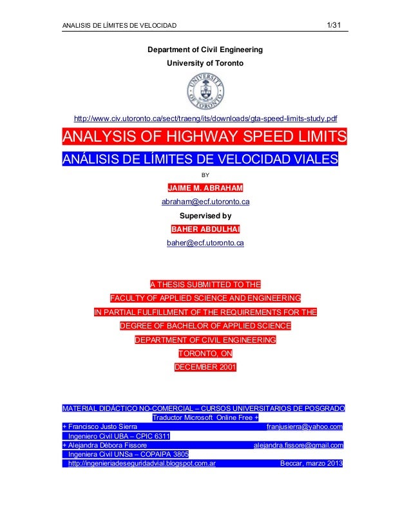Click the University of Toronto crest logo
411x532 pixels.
click(205, 90)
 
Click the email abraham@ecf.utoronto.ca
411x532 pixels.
click(205, 202)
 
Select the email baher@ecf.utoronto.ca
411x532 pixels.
click(205, 243)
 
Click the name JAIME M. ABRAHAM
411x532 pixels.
click(205, 188)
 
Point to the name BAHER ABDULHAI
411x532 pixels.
click(205, 229)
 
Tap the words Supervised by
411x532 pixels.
click(205, 216)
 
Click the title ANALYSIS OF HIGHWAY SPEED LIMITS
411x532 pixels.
click(204, 138)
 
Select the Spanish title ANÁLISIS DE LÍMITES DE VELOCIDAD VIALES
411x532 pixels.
click(200, 159)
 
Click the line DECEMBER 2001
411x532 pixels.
click(205, 367)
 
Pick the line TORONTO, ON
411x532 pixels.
click(205, 354)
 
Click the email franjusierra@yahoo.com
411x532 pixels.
click(304, 426)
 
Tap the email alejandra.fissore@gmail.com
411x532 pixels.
click(299, 444)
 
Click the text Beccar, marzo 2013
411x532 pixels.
click(312, 463)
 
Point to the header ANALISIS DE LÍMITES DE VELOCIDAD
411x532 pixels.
click(119, 26)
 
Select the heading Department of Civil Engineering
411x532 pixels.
click(205, 50)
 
